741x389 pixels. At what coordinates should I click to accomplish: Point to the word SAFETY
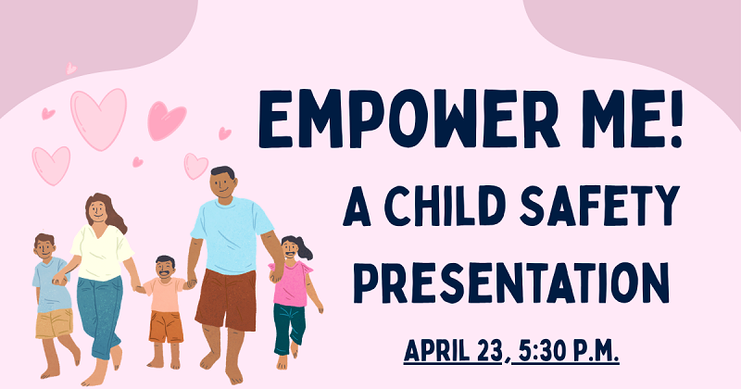(603, 205)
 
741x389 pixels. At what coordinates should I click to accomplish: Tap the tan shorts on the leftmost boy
(54, 323)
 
